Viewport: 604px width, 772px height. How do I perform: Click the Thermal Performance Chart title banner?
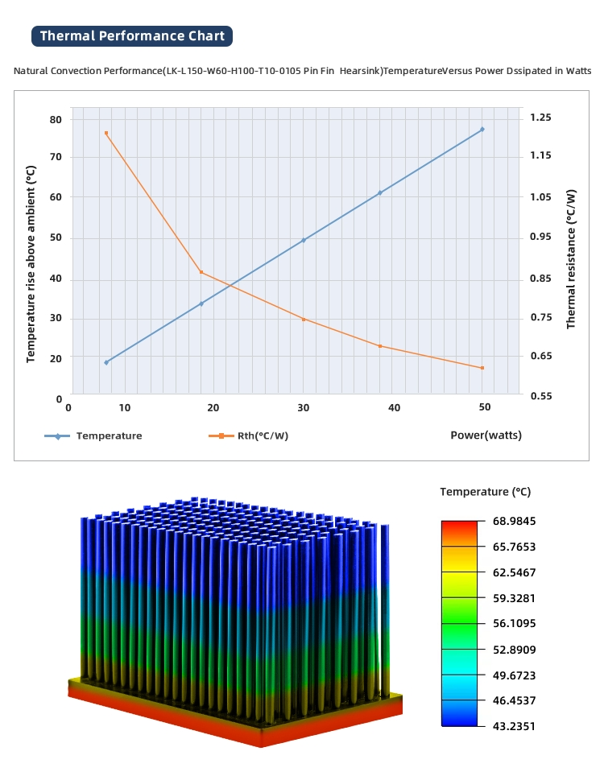pos(133,35)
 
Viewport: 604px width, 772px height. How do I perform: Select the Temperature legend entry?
pos(109,436)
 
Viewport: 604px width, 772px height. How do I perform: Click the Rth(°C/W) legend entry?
pos(263,436)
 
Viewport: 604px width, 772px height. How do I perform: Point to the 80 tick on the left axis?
pos(56,119)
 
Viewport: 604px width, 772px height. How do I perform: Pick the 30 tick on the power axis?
pos(304,408)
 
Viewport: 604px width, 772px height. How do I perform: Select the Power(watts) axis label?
pos(486,435)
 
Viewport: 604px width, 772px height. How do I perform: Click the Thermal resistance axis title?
pos(571,258)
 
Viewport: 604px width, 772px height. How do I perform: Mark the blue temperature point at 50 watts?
pos(482,129)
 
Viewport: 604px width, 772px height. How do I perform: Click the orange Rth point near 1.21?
pos(106,133)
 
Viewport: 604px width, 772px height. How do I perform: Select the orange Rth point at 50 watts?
pos(482,368)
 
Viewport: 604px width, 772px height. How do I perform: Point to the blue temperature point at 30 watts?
pos(304,240)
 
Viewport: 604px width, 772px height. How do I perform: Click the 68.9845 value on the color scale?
pos(514,521)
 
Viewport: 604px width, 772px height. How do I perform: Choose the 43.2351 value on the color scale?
pos(514,726)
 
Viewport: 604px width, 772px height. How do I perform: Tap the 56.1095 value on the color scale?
pos(514,624)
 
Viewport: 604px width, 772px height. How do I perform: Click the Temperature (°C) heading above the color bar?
pos(485,492)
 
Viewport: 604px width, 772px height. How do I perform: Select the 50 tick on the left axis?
pos(56,238)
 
